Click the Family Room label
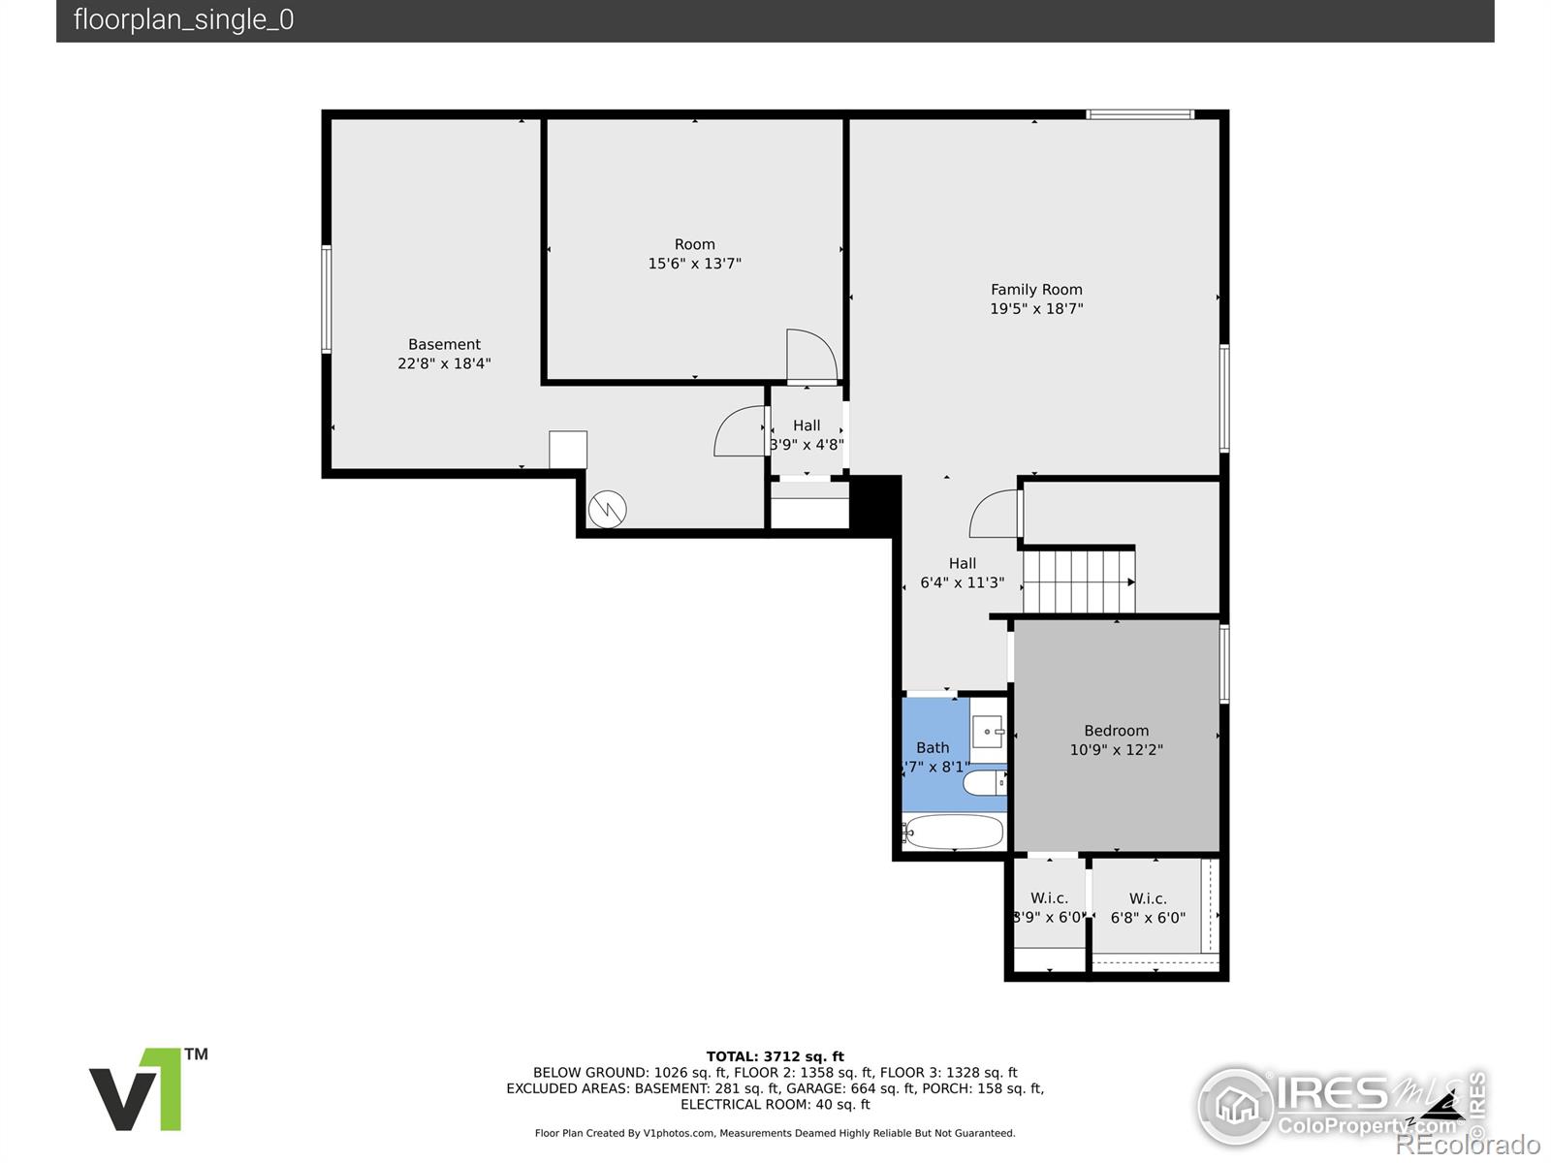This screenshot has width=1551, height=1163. tap(1036, 290)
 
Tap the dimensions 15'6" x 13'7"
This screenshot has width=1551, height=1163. tap(694, 264)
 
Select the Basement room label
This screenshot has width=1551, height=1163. tap(444, 345)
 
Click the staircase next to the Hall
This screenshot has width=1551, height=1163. tap(1078, 581)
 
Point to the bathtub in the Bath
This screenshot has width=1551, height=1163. tap(953, 832)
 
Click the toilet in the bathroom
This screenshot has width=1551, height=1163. tap(984, 782)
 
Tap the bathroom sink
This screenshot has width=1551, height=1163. tap(988, 732)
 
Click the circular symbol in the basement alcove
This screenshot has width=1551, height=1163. tap(607, 510)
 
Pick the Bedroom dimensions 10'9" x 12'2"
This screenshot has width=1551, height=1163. tap(1116, 750)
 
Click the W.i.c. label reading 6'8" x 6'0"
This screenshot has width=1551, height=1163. tap(1148, 908)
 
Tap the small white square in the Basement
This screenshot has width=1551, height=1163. tap(568, 450)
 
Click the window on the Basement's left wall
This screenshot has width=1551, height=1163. tap(327, 299)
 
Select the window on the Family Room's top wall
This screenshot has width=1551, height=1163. tap(1139, 114)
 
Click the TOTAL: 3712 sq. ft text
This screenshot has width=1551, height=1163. tap(775, 1056)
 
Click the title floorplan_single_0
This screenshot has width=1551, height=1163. tap(183, 20)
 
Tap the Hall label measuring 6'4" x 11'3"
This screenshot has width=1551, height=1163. tap(962, 573)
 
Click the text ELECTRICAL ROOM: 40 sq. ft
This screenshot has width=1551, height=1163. tap(775, 1104)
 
